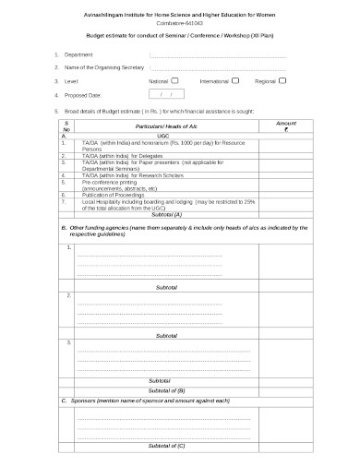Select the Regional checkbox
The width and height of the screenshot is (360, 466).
click(282, 80)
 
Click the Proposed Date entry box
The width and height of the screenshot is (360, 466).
click(166, 94)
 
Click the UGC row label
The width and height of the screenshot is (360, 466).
click(164, 135)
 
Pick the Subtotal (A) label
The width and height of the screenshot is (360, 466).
click(165, 213)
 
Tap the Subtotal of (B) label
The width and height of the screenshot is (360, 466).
click(167, 389)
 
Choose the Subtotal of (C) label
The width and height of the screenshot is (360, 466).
click(167, 445)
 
